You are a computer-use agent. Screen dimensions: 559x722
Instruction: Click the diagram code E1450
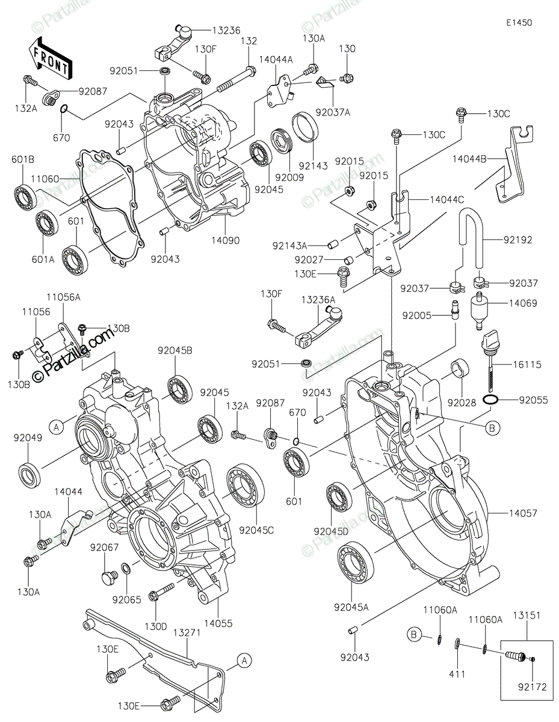pyautogui.click(x=519, y=23)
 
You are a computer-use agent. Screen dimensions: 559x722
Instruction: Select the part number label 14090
pyautogui.click(x=226, y=240)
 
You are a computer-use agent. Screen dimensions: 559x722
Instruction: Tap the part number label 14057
pyautogui.click(x=523, y=513)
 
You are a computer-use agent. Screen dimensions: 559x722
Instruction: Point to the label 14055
pyautogui.click(x=218, y=623)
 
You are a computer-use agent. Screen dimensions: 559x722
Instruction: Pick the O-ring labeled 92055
pyautogui.click(x=490, y=400)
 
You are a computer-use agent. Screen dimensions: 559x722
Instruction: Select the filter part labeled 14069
pyautogui.click(x=480, y=310)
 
